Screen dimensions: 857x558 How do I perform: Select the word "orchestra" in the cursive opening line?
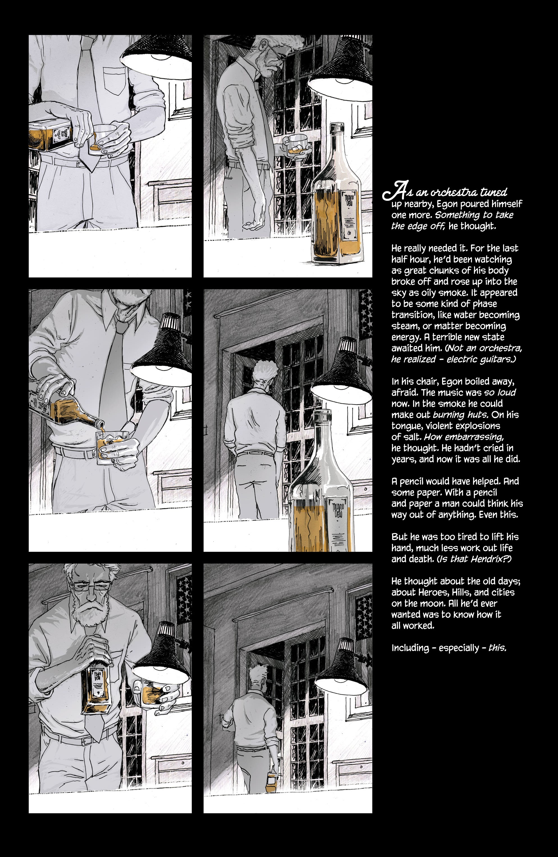coord(453,193)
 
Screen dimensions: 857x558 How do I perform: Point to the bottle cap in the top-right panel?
coord(337,128)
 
